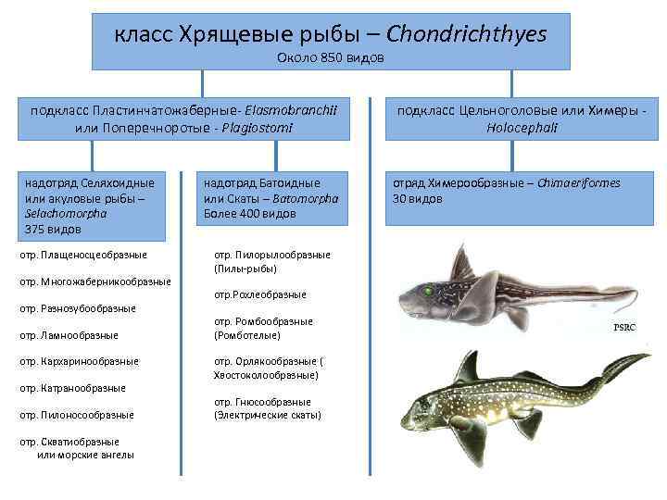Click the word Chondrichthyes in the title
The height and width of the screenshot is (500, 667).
pyautogui.click(x=466, y=34)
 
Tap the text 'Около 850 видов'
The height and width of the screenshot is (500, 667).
pyautogui.click(x=331, y=58)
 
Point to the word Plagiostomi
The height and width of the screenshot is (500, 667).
pyautogui.click(x=253, y=126)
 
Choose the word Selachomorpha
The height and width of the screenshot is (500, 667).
pyautogui.click(x=67, y=213)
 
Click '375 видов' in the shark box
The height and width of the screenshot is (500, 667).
pyautogui.click(x=54, y=228)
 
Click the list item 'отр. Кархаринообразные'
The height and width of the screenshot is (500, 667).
pyautogui.click(x=79, y=361)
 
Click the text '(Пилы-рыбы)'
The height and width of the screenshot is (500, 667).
pyautogui.click(x=245, y=268)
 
